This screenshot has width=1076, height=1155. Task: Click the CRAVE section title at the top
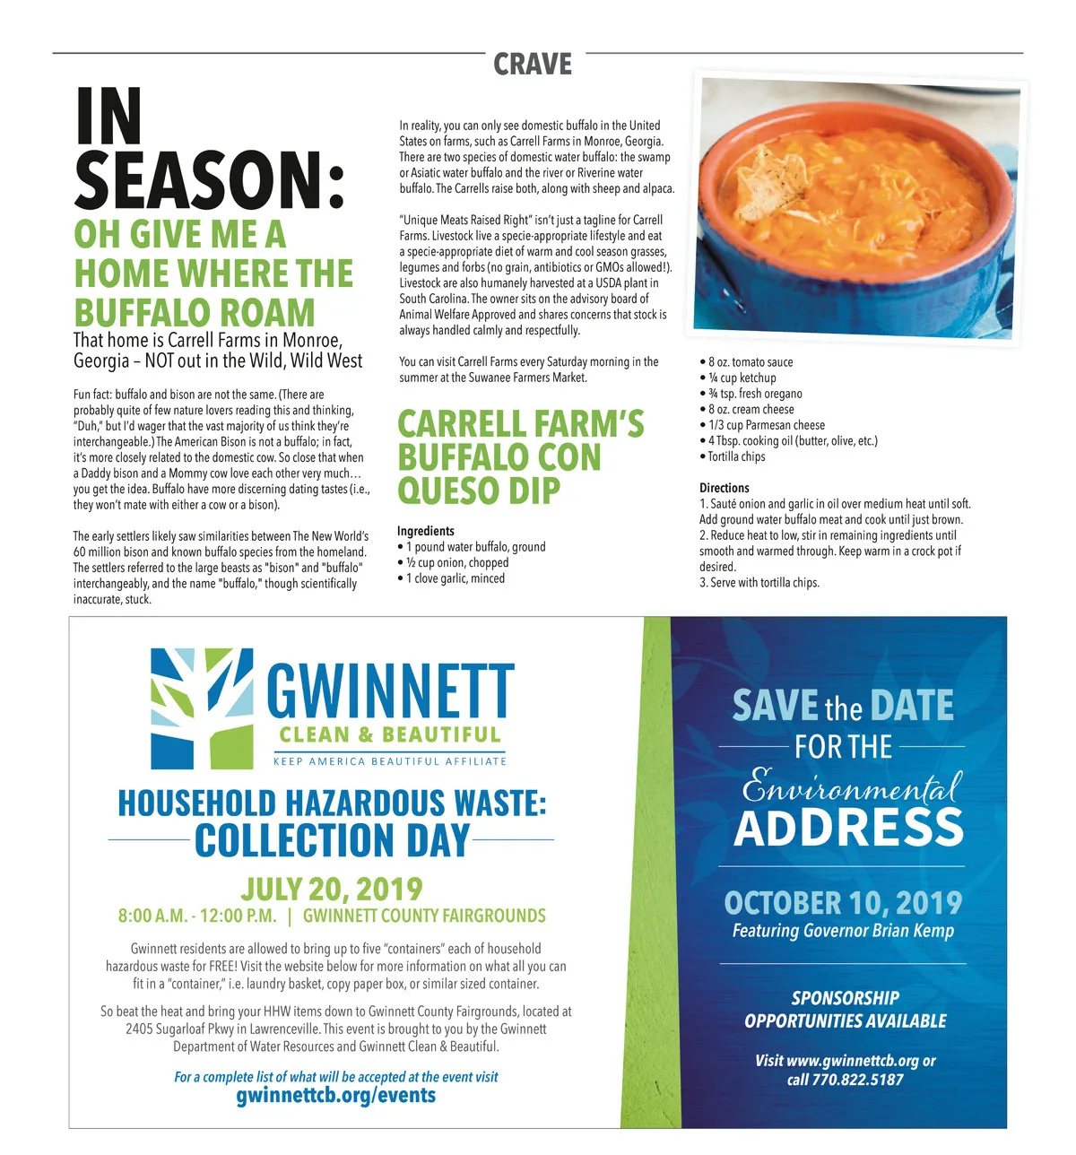(533, 65)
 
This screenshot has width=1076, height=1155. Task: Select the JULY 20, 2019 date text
(331, 889)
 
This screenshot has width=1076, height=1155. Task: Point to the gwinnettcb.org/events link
(335, 1096)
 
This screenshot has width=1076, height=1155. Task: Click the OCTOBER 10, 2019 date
(843, 902)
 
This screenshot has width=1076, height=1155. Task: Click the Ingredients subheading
(426, 531)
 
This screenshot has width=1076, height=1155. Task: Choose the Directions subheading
(725, 488)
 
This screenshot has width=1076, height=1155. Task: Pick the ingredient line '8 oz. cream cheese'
(751, 409)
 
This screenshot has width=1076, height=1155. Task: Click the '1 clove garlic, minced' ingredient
(456, 578)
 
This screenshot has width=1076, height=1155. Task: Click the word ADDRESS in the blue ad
(848, 828)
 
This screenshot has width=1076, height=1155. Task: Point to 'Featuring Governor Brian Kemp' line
(843, 931)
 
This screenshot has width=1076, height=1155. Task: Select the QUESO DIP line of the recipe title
(479, 491)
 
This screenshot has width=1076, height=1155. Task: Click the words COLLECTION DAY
(332, 840)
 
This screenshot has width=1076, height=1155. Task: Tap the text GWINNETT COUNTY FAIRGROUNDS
(424, 916)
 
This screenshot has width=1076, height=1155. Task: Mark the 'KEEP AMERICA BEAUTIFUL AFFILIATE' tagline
(390, 761)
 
